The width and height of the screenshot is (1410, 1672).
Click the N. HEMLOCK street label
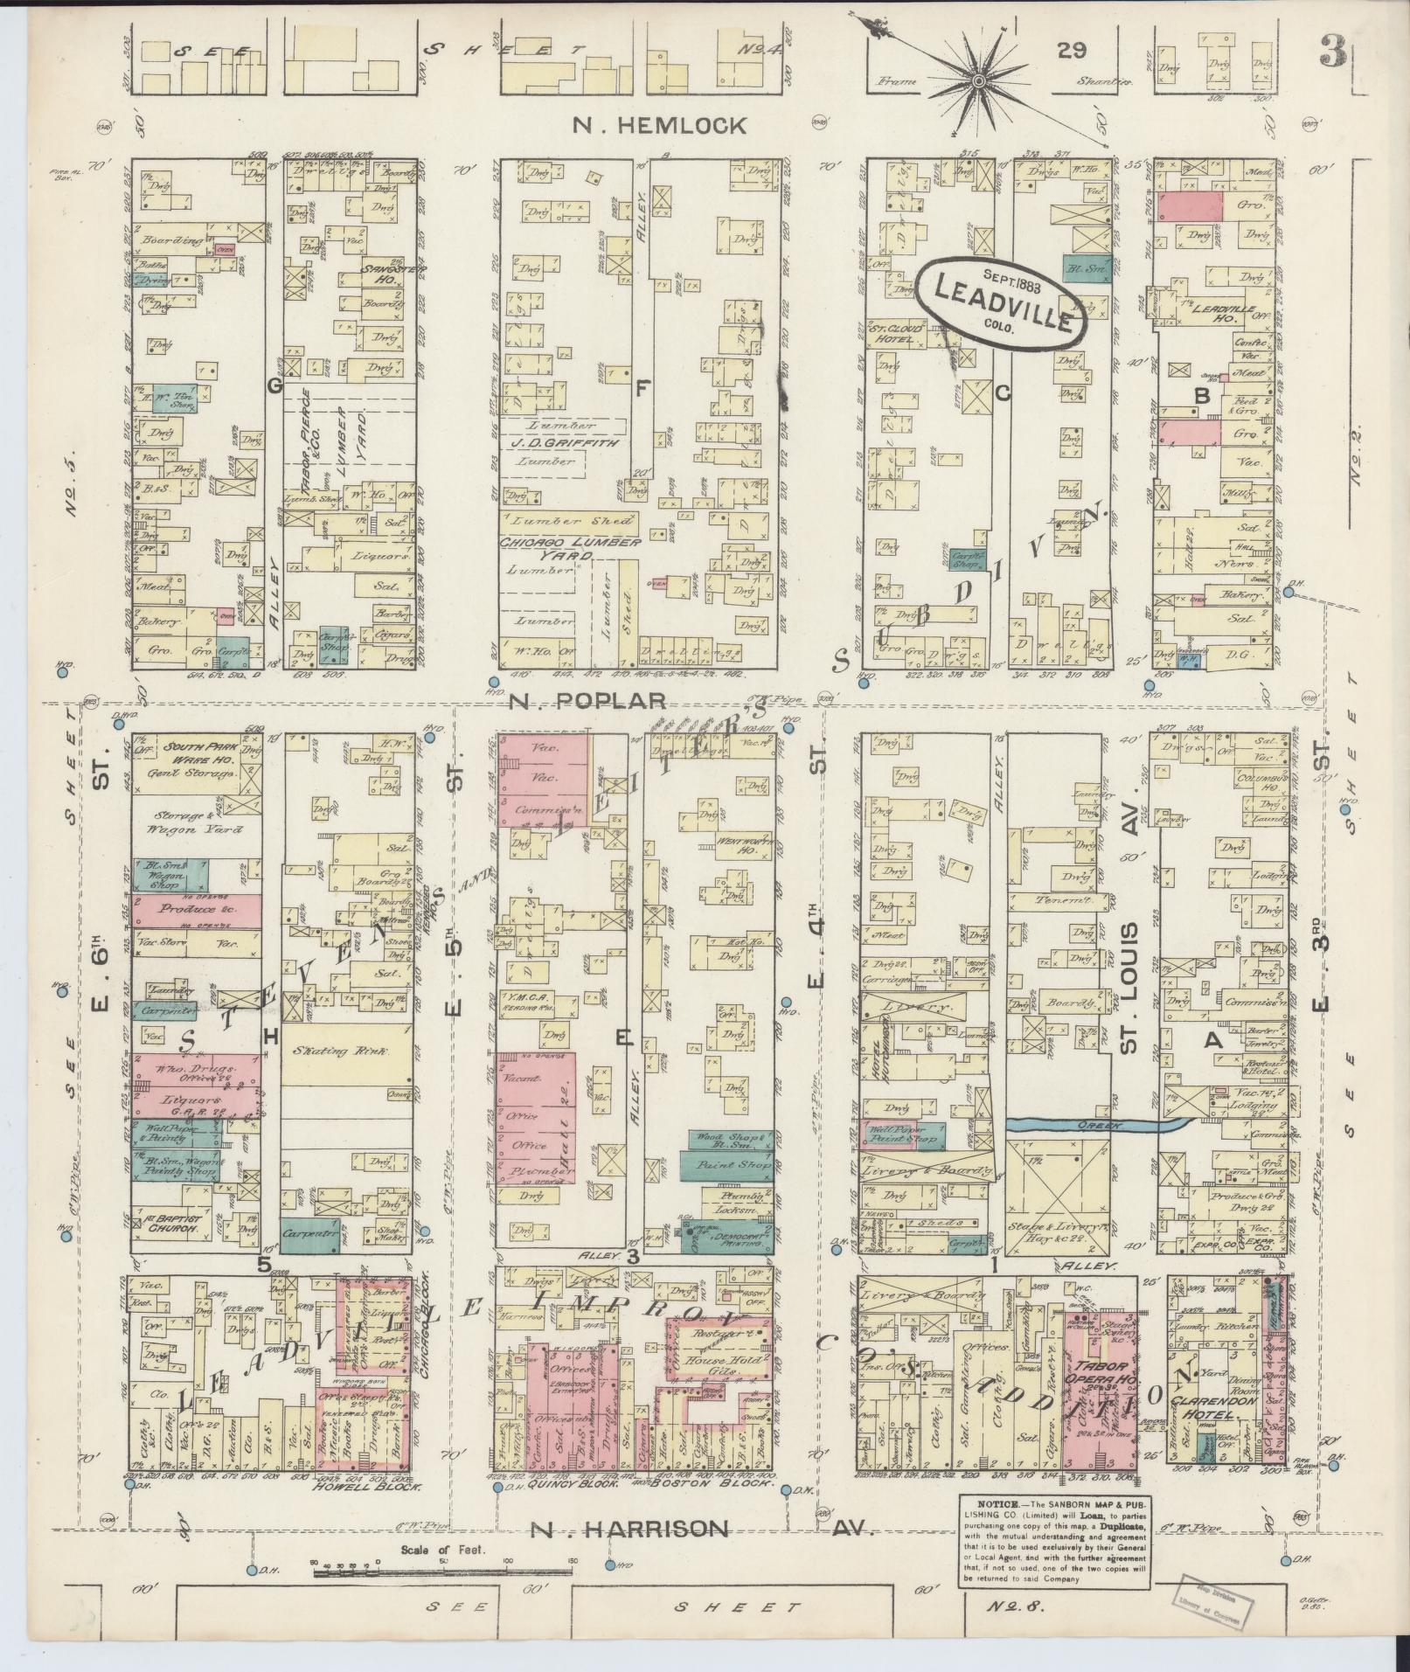[x=659, y=126]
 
